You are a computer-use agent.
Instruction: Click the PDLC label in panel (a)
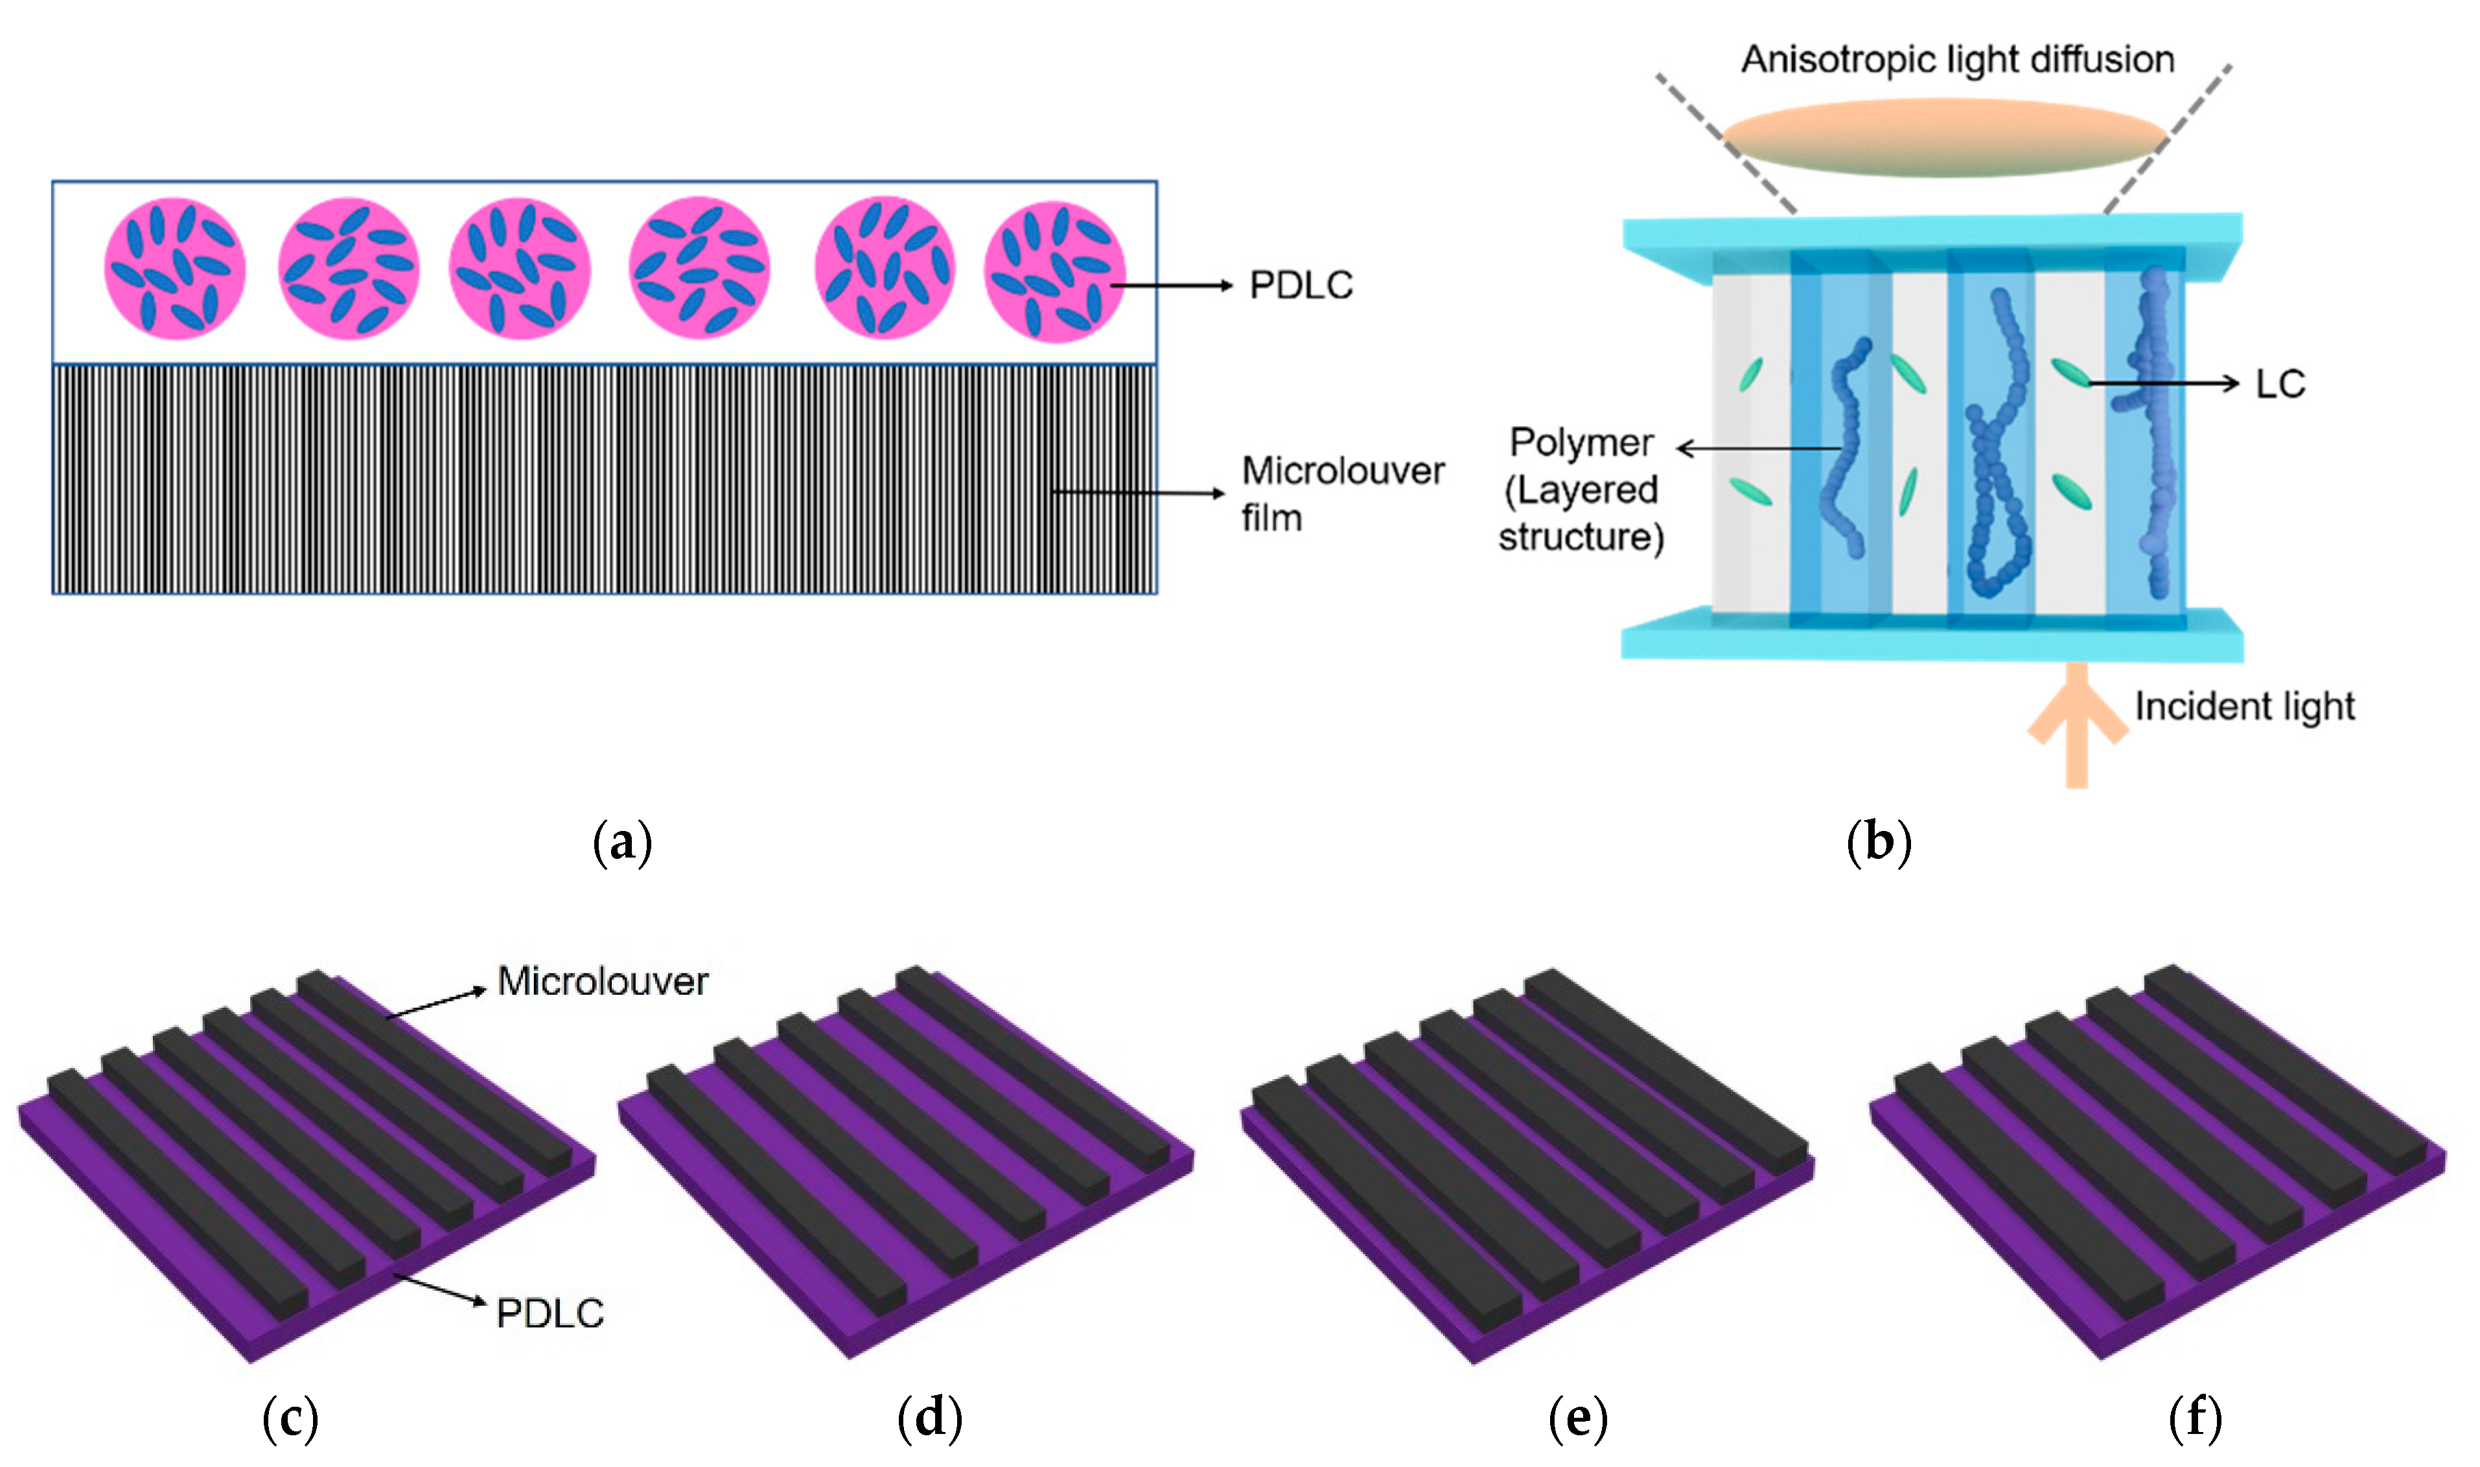[x=1301, y=286]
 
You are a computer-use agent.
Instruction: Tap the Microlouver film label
[x=1342, y=494]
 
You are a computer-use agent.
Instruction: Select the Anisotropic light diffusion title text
[x=1957, y=60]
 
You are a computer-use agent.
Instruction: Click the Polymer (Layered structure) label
[x=1580, y=490]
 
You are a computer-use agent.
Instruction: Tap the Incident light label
[x=2243, y=706]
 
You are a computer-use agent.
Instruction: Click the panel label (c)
[x=290, y=1418]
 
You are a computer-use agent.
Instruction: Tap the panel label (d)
[x=929, y=1418]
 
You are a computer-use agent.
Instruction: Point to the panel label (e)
[x=1577, y=1418]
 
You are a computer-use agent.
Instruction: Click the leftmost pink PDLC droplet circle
[x=175, y=269]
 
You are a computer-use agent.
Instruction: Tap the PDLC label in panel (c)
[x=550, y=1313]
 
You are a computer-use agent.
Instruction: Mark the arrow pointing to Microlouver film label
[x=1137, y=492]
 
